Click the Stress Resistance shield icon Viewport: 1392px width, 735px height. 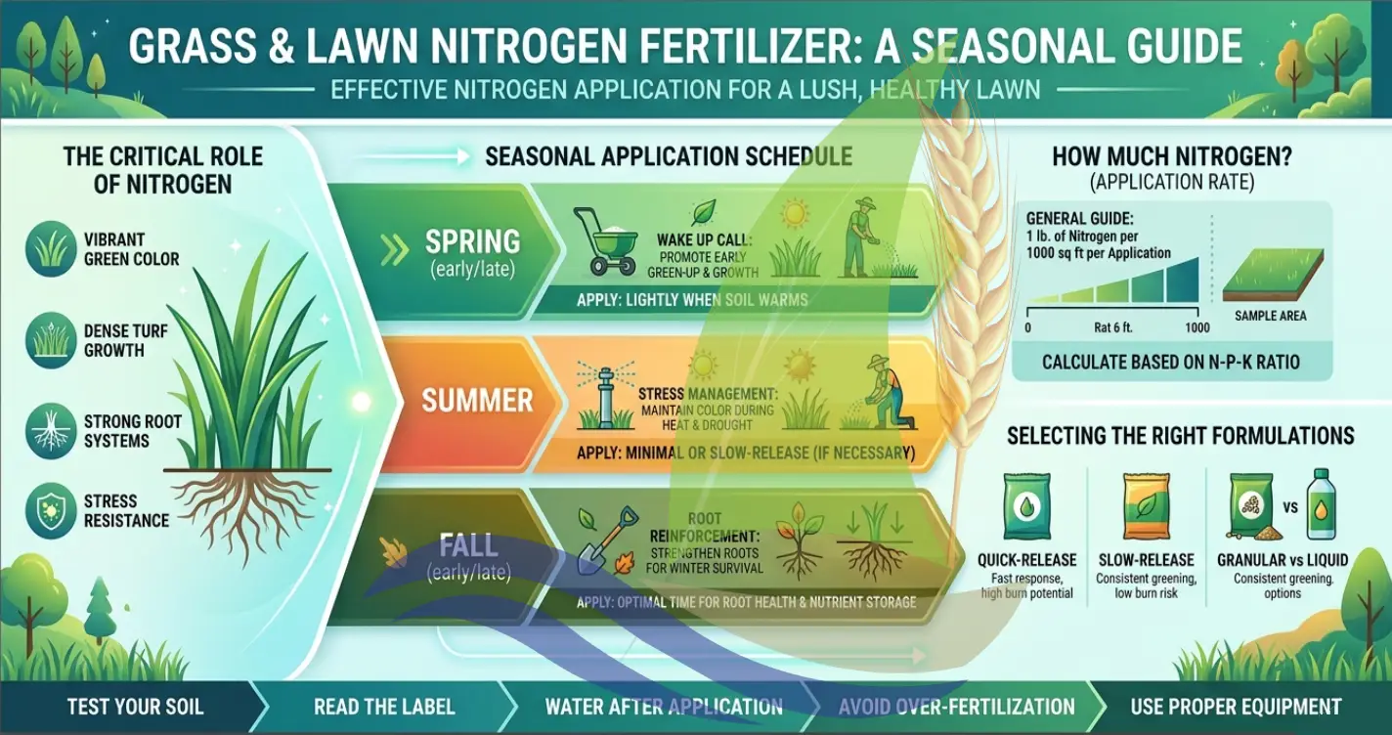[51, 512]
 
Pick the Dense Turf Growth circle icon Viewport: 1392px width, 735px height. [51, 339]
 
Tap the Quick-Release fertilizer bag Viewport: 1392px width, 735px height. [1025, 508]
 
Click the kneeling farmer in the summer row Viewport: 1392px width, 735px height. [890, 393]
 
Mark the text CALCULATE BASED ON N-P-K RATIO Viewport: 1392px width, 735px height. [1170, 362]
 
